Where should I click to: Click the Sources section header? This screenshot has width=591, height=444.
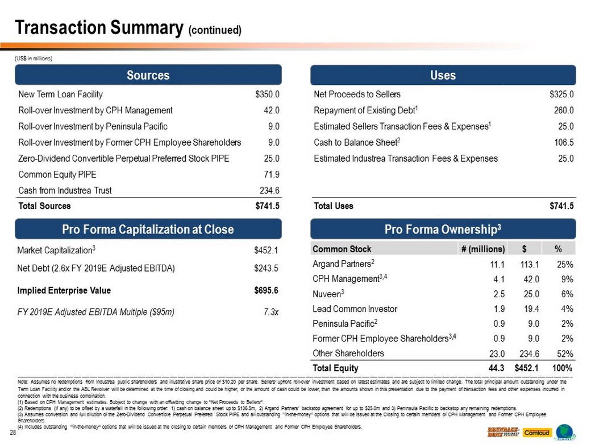148,75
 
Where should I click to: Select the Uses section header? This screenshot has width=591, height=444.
443,75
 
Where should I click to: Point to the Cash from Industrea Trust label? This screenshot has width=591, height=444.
65,191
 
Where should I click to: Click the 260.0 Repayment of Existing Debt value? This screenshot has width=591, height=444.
565,110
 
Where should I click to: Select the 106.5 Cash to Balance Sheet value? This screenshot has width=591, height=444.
565,142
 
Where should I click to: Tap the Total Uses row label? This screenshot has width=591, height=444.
333,206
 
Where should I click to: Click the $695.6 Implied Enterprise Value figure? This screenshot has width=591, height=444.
266,290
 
